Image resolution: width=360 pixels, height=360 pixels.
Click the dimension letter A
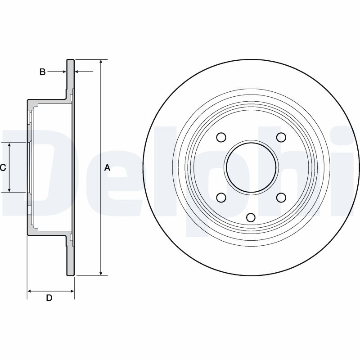(x=107, y=168)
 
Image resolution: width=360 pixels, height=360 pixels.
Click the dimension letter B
(x=42, y=72)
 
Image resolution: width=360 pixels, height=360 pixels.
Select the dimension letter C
(x=3, y=167)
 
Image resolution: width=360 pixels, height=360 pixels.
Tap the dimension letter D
(x=49, y=298)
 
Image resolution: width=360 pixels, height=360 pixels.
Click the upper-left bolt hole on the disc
(x=221, y=137)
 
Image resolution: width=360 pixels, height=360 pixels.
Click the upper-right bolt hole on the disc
(x=281, y=137)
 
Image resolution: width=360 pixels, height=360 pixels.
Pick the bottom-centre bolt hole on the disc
(x=251, y=217)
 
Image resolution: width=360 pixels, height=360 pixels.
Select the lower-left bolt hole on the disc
(x=221, y=197)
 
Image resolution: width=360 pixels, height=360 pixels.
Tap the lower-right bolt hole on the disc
(x=281, y=197)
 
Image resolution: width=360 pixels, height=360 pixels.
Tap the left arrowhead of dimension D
(x=30, y=292)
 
